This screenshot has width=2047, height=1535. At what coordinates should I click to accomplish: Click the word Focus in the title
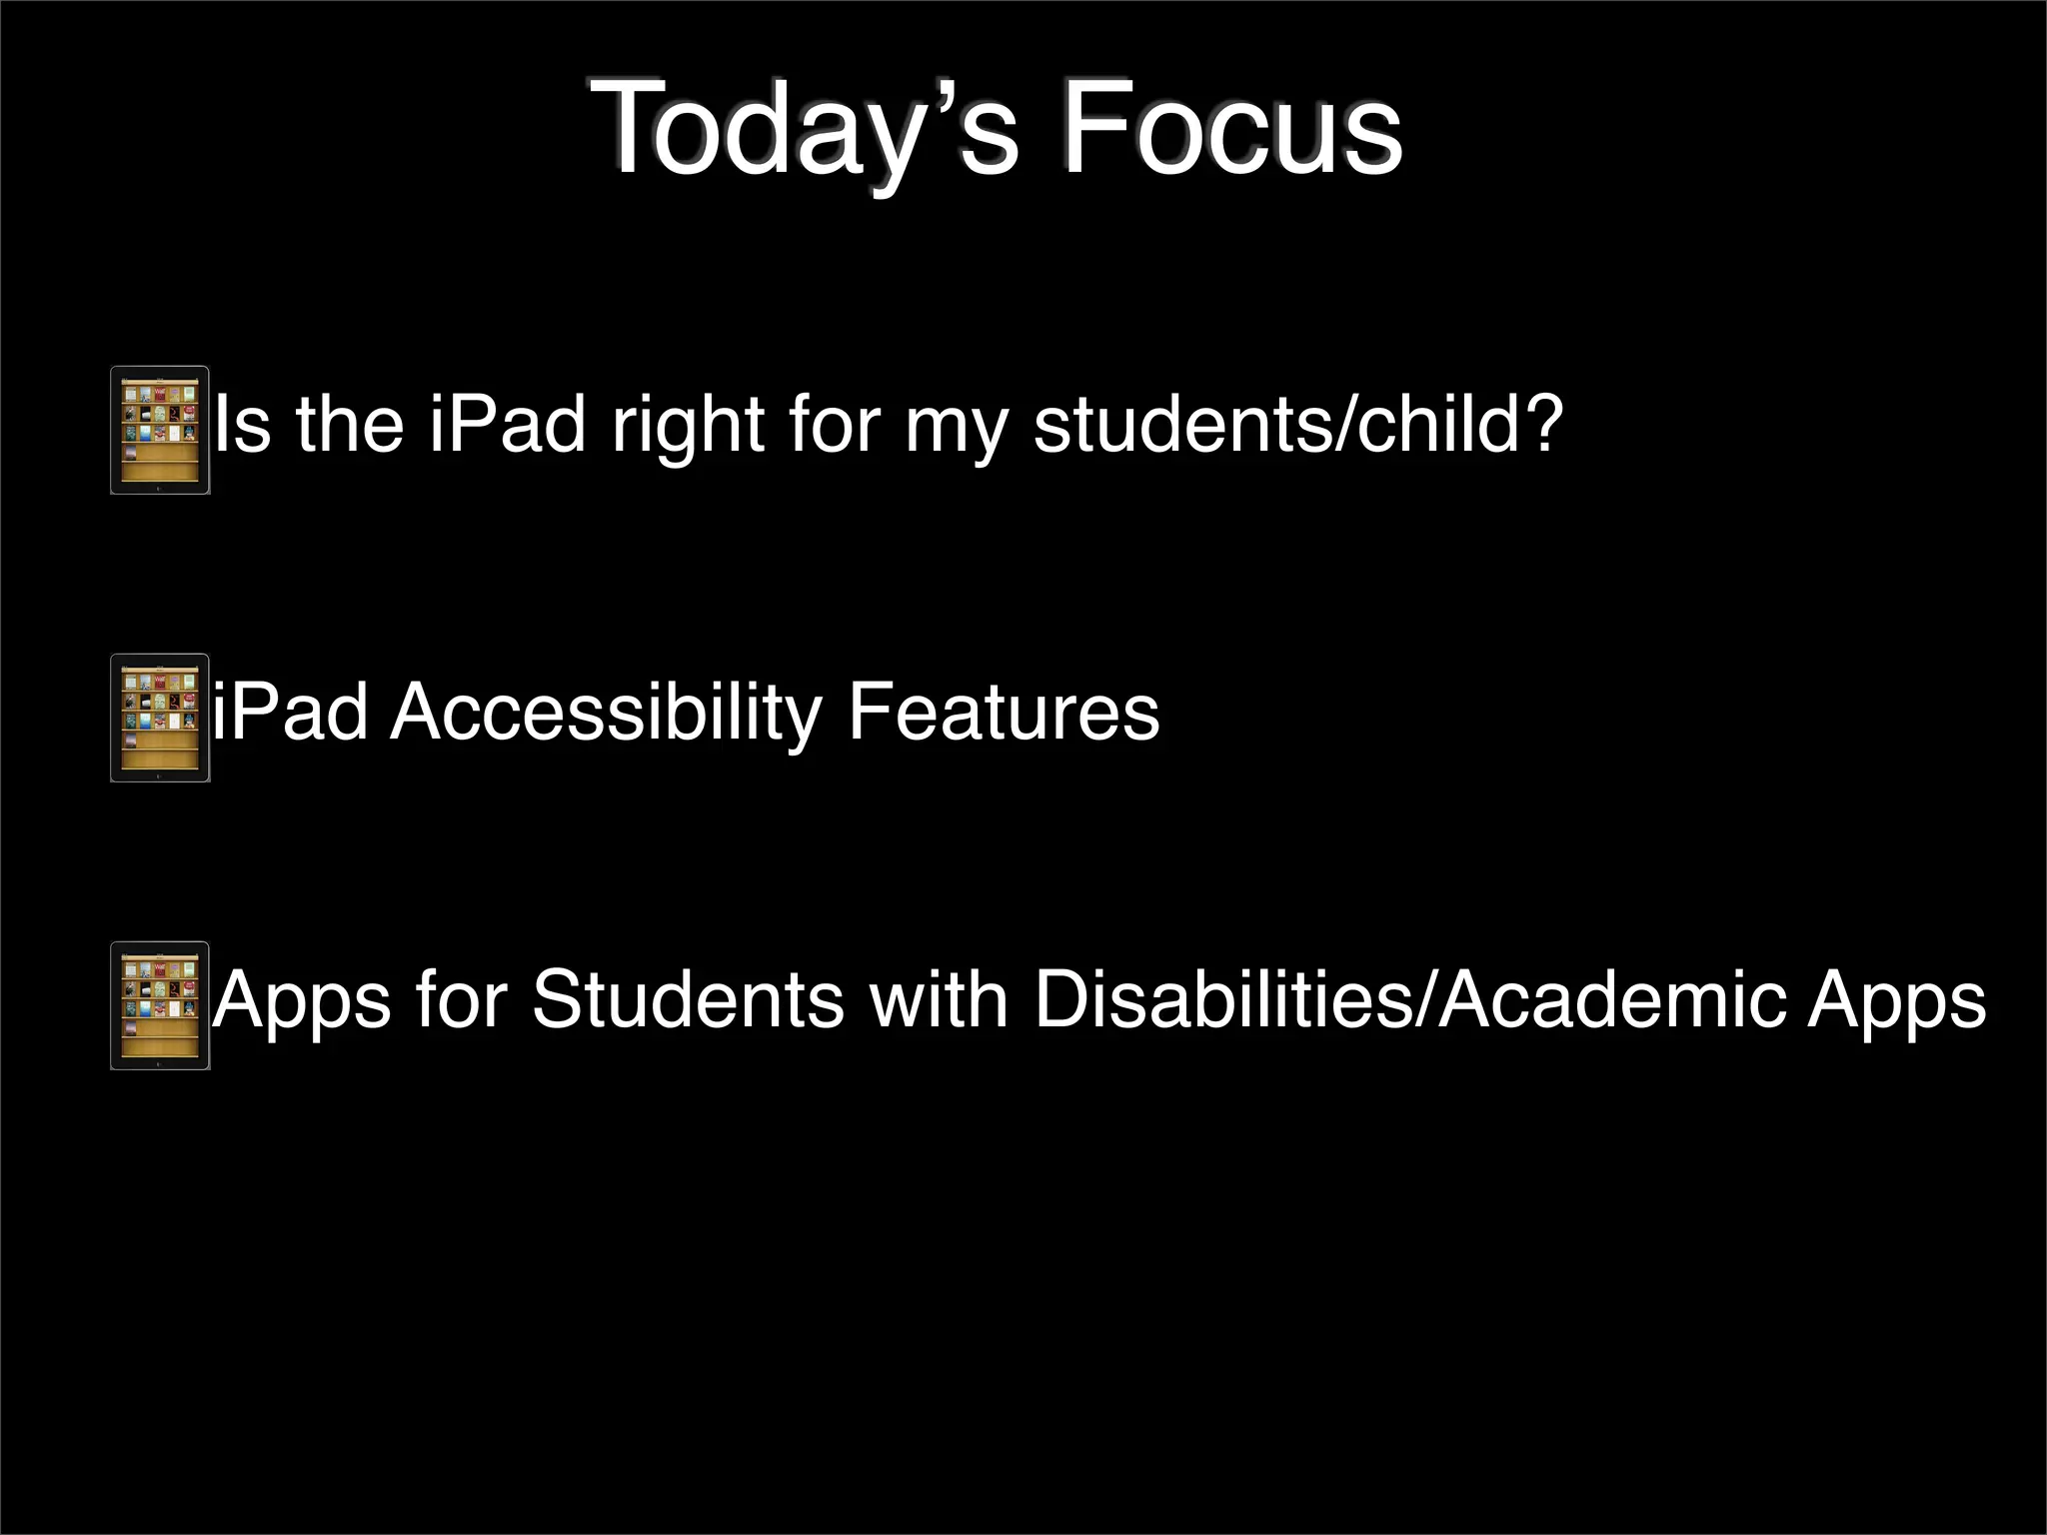tap(1231, 130)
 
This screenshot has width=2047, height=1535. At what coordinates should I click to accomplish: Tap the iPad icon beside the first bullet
tap(160, 430)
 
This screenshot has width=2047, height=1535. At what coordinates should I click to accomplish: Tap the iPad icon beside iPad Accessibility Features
tap(160, 718)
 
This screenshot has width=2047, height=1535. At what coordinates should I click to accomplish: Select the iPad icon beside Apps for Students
tap(160, 1005)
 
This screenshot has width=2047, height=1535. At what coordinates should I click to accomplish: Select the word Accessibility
tap(605, 713)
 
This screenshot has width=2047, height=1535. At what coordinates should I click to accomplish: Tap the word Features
tap(1003, 713)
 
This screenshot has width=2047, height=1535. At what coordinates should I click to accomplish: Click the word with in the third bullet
tap(939, 1000)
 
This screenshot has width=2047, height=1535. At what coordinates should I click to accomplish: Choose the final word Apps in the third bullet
tap(1896, 1000)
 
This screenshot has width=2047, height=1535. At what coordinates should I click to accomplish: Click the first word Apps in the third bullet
tap(302, 1000)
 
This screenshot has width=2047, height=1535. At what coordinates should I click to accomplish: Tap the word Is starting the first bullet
tap(242, 425)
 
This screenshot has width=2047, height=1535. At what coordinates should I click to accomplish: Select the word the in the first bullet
tap(350, 425)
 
